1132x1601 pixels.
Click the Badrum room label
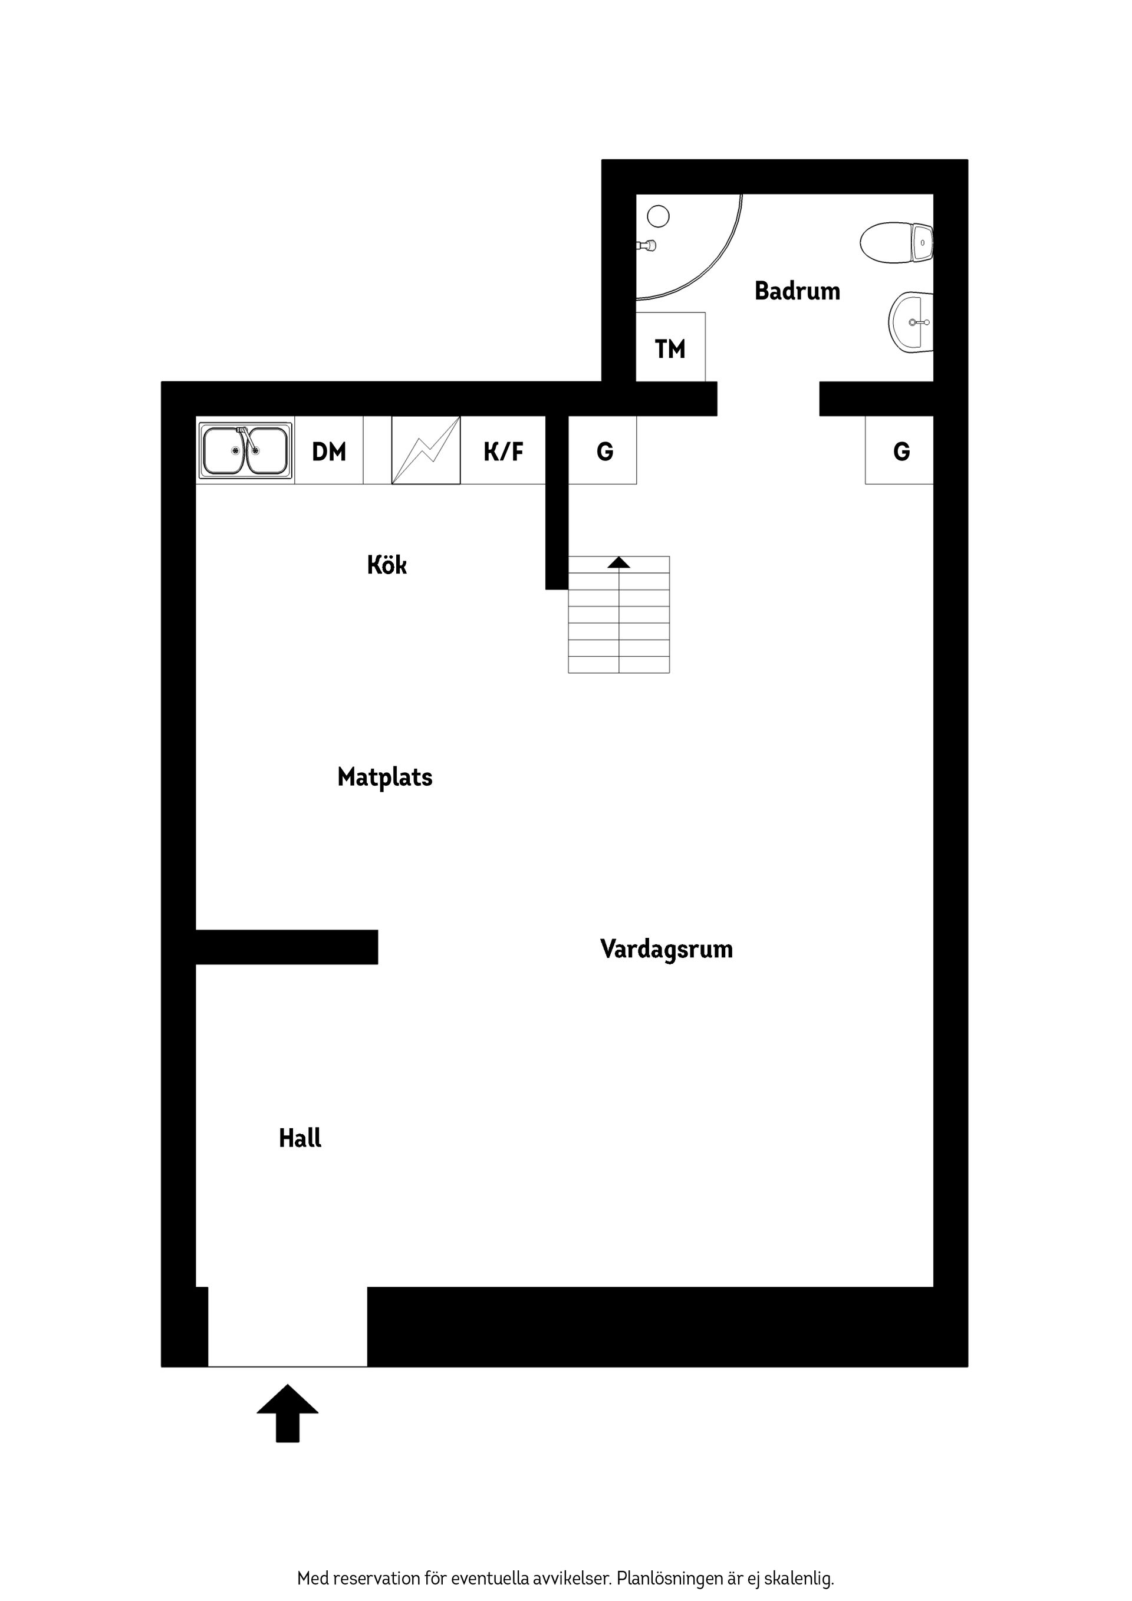coord(797,291)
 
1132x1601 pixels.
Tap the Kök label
coord(386,564)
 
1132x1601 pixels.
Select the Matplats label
coord(384,777)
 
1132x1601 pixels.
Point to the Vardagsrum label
coord(666,949)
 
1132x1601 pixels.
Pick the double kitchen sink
coord(245,450)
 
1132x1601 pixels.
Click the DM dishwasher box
coord(328,451)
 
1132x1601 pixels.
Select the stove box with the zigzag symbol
coord(426,450)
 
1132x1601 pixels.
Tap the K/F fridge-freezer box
coord(503,451)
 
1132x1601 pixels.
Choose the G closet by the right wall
coord(900,451)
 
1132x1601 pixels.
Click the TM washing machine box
coord(670,348)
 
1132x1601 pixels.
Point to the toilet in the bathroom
coord(896,242)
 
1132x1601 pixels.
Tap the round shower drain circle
coord(658,216)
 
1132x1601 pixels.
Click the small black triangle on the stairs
coord(618,562)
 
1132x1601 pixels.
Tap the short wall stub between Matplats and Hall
coord(287,947)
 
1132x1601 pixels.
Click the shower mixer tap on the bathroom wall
coord(647,245)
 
